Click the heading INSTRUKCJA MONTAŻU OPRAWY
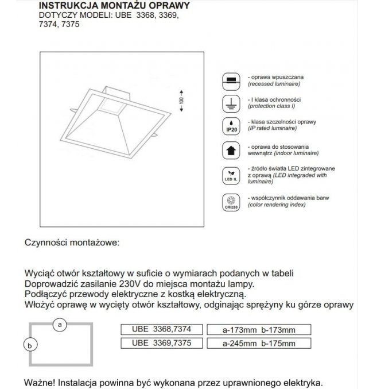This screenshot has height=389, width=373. click(x=114, y=6)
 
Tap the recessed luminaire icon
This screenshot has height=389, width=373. click(x=231, y=80)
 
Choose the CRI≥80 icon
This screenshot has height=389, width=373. click(x=231, y=203)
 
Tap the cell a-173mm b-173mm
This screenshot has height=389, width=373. click(x=259, y=330)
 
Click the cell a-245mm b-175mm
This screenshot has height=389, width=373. click(x=259, y=344)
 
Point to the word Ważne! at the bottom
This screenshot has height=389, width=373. click(x=40, y=382)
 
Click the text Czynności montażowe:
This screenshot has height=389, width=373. click(x=72, y=242)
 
